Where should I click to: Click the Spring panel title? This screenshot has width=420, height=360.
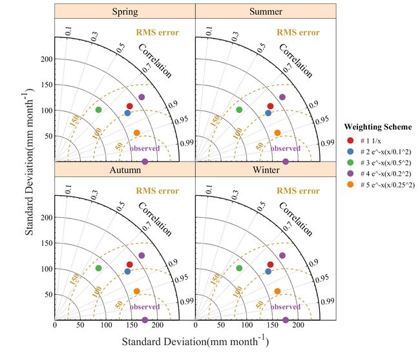pyautogui.click(x=125, y=11)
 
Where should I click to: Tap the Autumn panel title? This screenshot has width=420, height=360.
pyautogui.click(x=125, y=170)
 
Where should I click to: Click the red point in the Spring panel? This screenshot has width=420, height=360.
pyautogui.click(x=130, y=106)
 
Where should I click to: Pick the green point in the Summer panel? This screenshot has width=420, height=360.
pyautogui.click(x=239, y=110)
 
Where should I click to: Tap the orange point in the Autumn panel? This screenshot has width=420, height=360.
pyautogui.click(x=136, y=291)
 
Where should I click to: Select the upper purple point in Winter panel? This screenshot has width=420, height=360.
pyautogui.click(x=282, y=255)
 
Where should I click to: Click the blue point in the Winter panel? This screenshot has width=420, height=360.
pyautogui.click(x=268, y=271)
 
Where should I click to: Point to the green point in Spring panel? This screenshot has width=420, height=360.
pyautogui.click(x=98, y=110)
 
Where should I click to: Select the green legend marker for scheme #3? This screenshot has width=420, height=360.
pyautogui.click(x=350, y=161)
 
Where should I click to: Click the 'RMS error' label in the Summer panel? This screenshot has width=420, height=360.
pyautogui.click(x=298, y=32)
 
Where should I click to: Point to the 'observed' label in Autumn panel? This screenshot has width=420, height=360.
pyautogui.click(x=145, y=307)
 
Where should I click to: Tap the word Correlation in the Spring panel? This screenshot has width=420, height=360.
pyautogui.click(x=156, y=60)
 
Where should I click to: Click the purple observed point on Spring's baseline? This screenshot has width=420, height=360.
pyautogui.click(x=145, y=161)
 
